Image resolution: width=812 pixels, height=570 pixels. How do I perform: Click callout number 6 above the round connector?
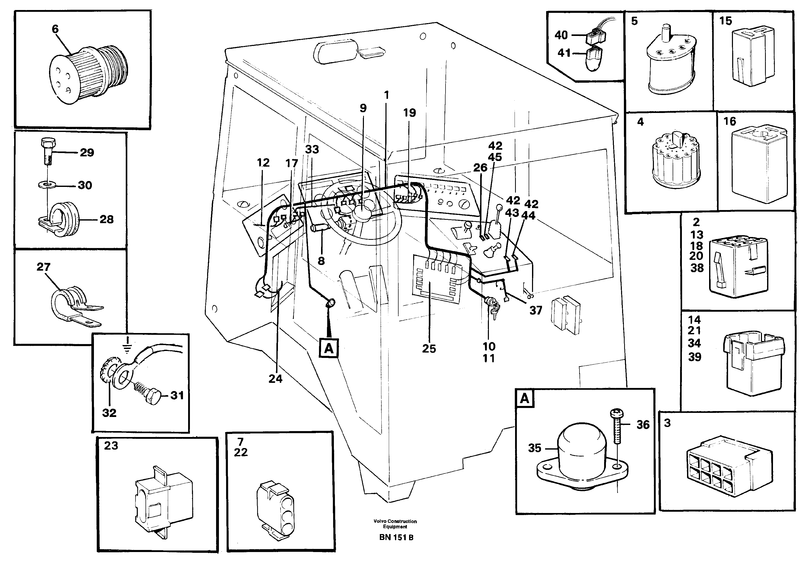tap(55, 29)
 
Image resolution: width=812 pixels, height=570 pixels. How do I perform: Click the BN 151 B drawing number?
tap(396, 537)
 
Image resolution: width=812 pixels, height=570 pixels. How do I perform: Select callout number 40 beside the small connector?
tap(561, 35)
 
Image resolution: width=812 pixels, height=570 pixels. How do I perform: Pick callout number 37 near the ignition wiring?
tap(535, 310)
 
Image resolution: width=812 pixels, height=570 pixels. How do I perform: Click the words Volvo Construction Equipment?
tap(395, 524)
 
